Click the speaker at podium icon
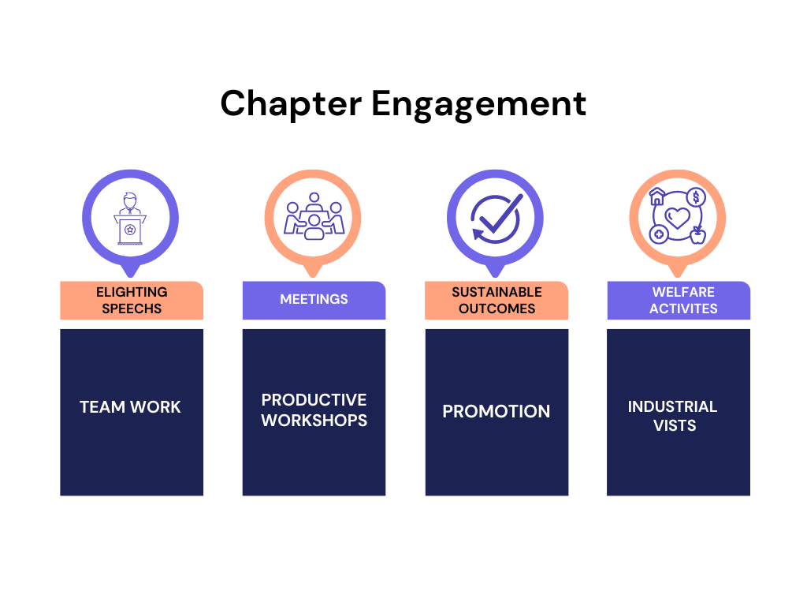click(130, 218)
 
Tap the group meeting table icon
click(314, 216)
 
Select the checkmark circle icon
click(496, 217)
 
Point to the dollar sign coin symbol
click(695, 197)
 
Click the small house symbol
click(657, 197)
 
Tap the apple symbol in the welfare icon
click(697, 235)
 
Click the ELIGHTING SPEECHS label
click(132, 301)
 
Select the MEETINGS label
click(314, 300)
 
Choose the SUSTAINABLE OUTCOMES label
click(496, 301)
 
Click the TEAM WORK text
click(130, 407)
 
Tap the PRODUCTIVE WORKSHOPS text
click(314, 410)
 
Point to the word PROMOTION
click(496, 411)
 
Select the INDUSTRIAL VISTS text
click(673, 416)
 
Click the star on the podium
click(130, 230)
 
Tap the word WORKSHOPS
click(314, 421)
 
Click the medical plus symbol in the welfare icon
click(659, 235)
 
